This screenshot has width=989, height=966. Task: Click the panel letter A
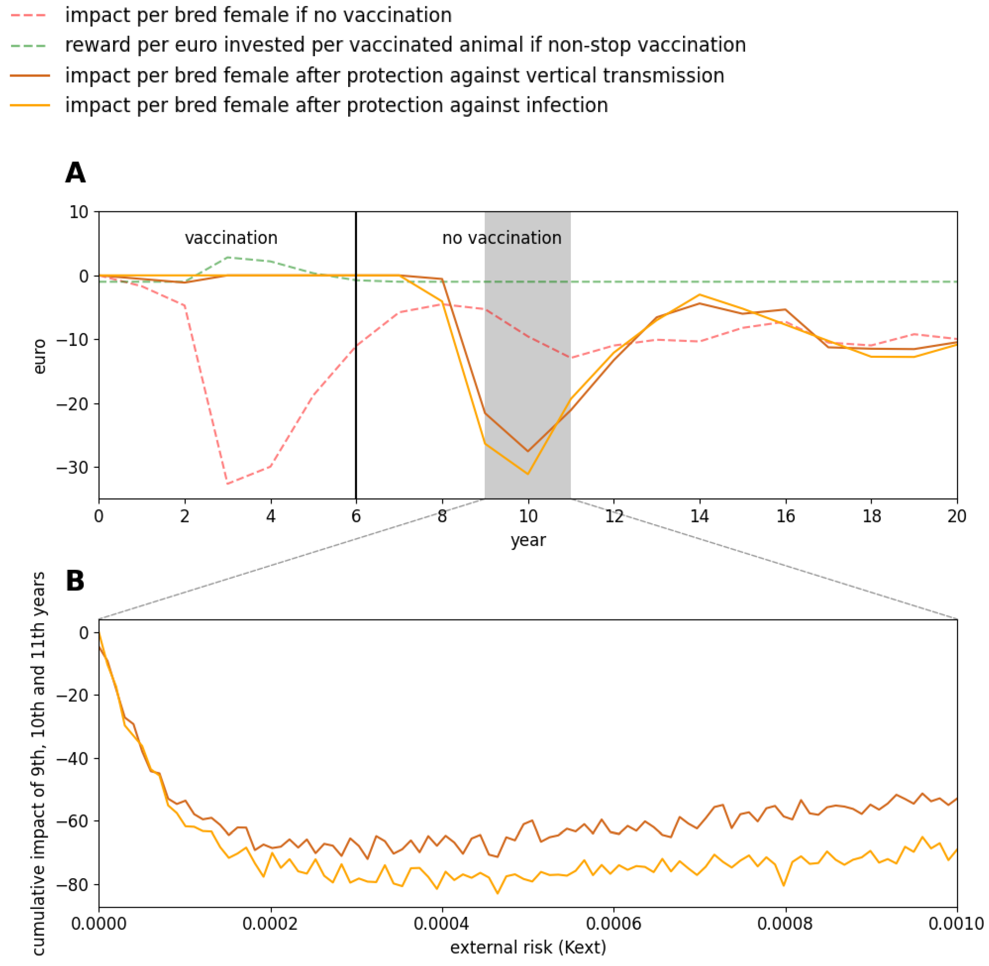(x=75, y=173)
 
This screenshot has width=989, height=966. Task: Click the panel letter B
(x=75, y=581)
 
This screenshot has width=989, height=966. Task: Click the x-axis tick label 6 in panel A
(x=356, y=516)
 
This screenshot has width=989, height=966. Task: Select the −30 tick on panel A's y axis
(x=71, y=467)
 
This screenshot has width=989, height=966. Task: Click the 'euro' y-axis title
(x=39, y=357)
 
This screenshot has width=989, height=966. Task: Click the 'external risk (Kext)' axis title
(x=528, y=947)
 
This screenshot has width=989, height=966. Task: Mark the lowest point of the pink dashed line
(x=228, y=483)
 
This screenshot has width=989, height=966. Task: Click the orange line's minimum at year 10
(x=528, y=474)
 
